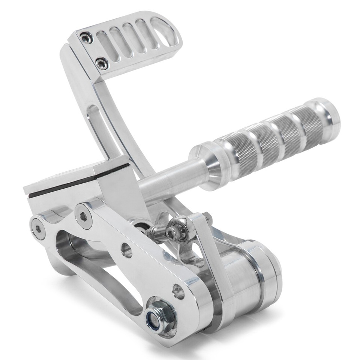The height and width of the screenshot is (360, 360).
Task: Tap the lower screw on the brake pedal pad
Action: [102, 63]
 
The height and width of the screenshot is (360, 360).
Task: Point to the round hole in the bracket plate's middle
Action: [127, 250]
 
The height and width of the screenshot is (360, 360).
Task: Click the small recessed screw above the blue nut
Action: [178, 291]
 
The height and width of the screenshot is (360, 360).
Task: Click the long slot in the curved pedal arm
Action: [98, 127]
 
